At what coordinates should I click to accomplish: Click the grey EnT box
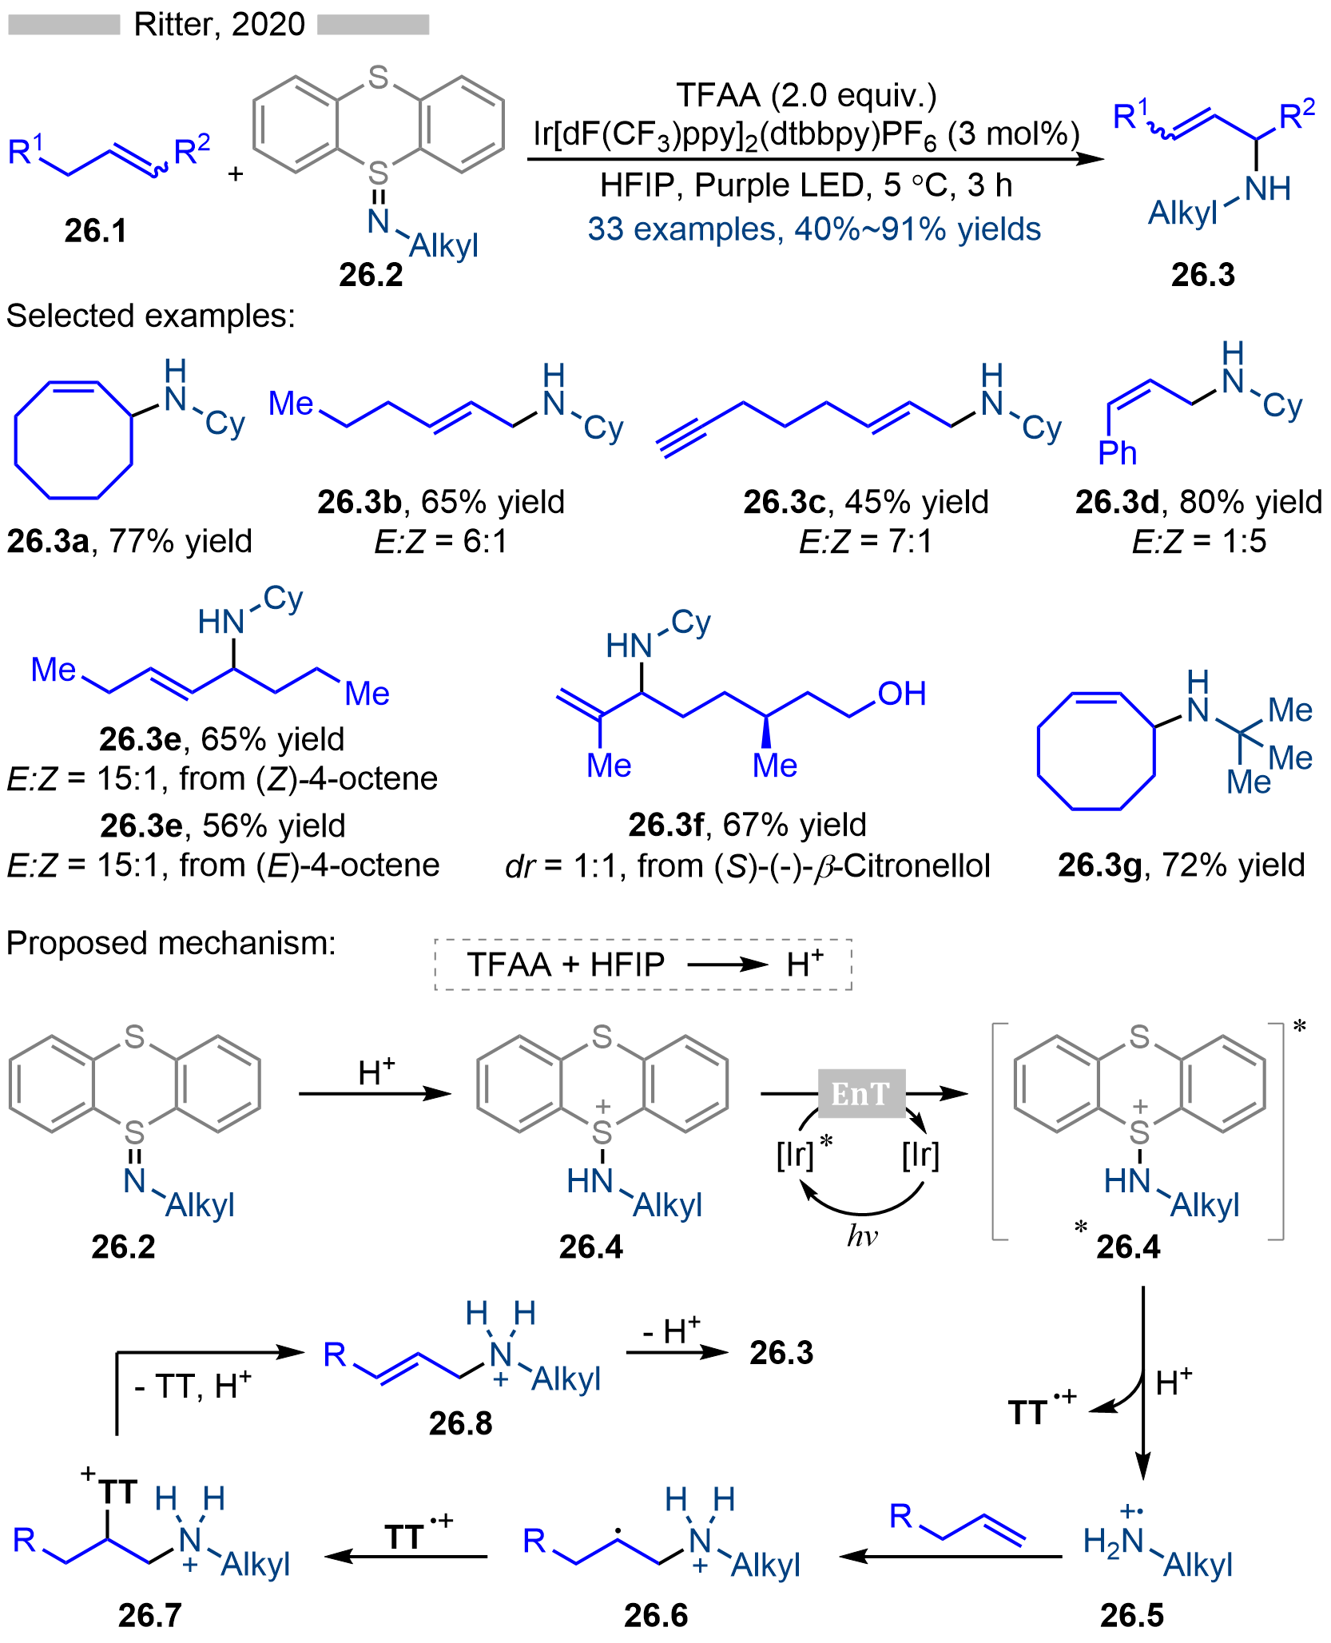861,1093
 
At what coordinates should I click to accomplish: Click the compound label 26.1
95,231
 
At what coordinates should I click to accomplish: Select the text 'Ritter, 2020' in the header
219,25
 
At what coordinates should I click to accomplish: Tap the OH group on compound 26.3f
902,694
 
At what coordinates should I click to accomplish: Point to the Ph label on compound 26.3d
1117,453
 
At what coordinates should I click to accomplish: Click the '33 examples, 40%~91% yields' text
814,229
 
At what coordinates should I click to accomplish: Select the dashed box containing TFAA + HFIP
643,965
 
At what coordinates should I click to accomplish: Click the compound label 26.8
460,1423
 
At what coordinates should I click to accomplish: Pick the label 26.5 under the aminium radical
1131,1615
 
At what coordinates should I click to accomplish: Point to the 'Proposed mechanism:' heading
171,943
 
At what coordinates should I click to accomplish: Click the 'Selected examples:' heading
151,316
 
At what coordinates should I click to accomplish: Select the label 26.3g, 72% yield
1181,865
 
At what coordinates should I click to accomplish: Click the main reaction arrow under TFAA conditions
815,159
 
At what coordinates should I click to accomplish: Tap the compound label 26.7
149,1615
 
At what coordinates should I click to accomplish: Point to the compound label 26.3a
48,542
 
